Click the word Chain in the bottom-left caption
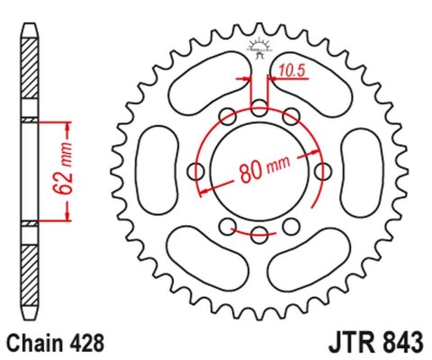coord(36,343)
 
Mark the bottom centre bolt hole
coord(259,235)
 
